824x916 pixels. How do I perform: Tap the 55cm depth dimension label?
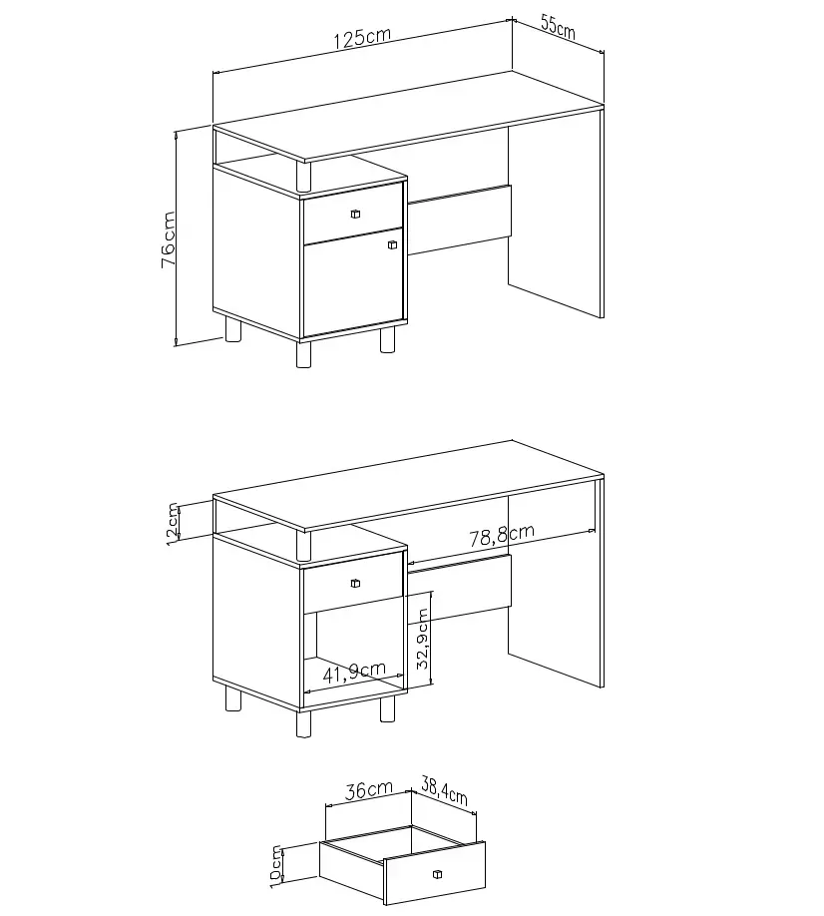click(x=558, y=27)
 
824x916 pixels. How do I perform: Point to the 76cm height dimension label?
click(x=169, y=239)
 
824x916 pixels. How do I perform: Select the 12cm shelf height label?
click(x=174, y=524)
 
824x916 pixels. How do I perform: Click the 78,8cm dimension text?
click(x=502, y=535)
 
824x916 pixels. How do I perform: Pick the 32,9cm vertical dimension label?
click(x=423, y=639)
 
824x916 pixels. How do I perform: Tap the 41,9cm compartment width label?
click(x=354, y=672)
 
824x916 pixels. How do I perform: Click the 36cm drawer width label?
click(x=369, y=790)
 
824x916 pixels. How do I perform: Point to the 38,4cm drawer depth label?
click(x=444, y=790)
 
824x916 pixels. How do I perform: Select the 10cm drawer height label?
click(x=276, y=867)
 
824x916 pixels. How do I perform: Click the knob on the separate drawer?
click(x=437, y=874)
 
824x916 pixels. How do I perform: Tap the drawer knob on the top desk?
click(x=355, y=214)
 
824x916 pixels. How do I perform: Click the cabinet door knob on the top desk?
click(x=392, y=244)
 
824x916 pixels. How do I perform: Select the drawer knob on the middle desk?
click(x=355, y=583)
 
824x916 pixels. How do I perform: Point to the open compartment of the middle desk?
click(x=353, y=652)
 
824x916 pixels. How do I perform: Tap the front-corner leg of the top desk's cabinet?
click(x=303, y=353)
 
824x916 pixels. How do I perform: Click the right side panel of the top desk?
click(x=556, y=222)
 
